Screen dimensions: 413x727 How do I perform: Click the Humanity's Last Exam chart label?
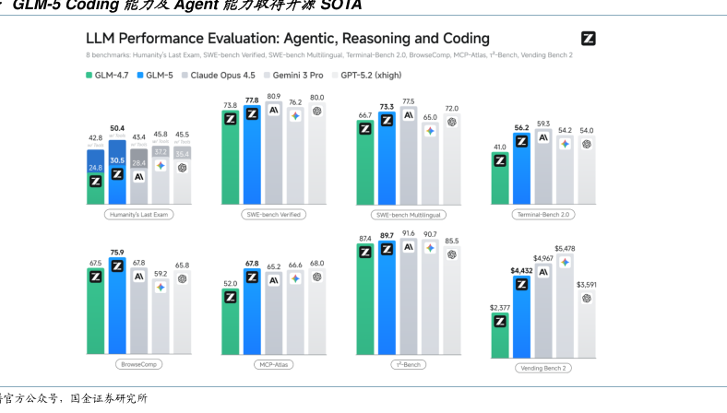pyautogui.click(x=138, y=214)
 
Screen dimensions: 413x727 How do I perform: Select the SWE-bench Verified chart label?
pyautogui.click(x=274, y=214)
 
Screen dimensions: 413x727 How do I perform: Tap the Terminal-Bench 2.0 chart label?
pyautogui.click(x=542, y=214)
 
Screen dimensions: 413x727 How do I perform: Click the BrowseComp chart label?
pyautogui.click(x=138, y=364)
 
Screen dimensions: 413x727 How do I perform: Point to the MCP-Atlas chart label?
pyautogui.click(x=274, y=364)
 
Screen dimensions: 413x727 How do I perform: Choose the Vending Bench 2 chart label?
pyautogui.click(x=542, y=367)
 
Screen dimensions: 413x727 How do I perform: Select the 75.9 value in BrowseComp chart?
pyautogui.click(x=117, y=252)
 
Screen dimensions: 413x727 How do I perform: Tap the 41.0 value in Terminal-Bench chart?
pyautogui.click(x=500, y=147)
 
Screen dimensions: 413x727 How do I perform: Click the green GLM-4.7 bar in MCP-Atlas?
pyautogui.click(x=230, y=323)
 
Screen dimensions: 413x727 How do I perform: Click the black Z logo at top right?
pyautogui.click(x=588, y=38)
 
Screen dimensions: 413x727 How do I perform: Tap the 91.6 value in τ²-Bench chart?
pyautogui.click(x=409, y=233)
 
